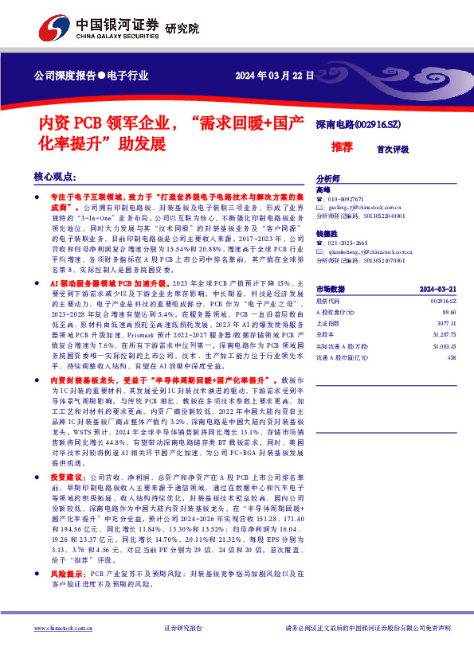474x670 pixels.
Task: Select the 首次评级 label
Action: (x=393, y=149)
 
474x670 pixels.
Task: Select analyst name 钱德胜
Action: (x=327, y=233)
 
